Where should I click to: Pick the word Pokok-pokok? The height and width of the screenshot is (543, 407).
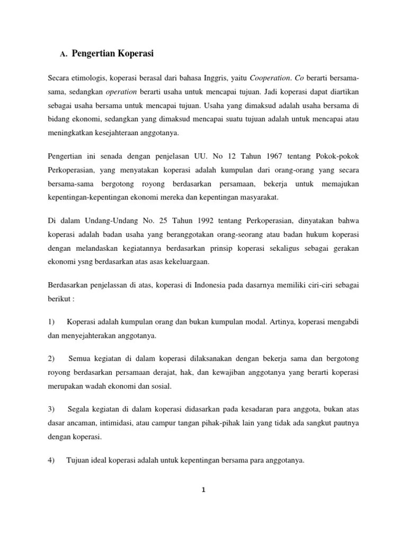click(x=338, y=157)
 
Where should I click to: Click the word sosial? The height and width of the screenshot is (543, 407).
click(x=161, y=387)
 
